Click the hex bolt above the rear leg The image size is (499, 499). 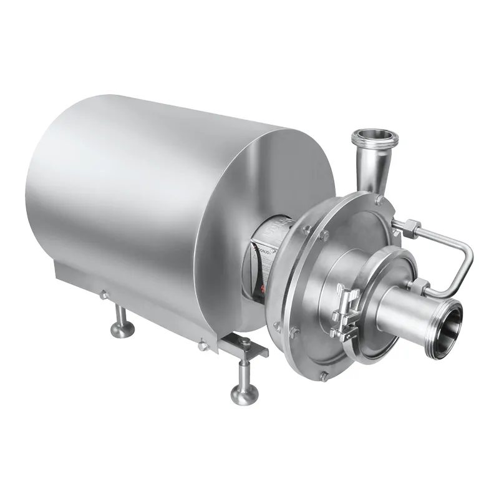pyautogui.click(x=104, y=294)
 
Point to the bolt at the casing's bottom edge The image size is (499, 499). pyautogui.click(x=324, y=376)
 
